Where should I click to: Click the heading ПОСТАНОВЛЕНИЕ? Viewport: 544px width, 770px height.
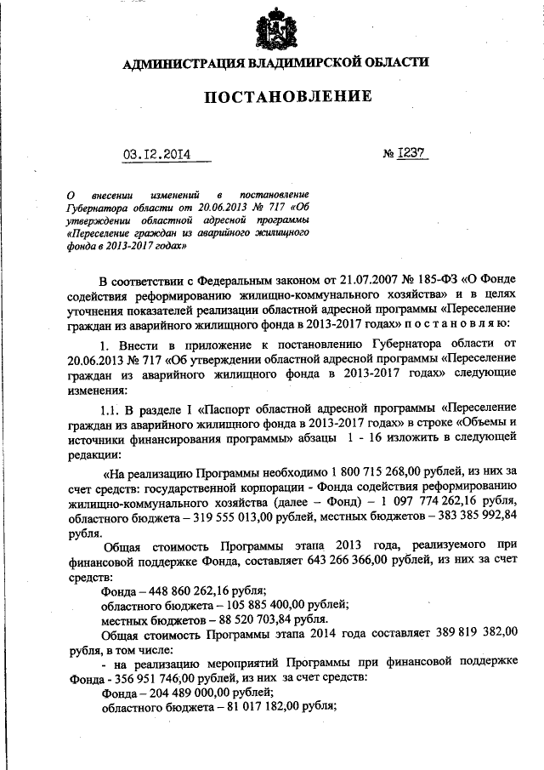(286, 97)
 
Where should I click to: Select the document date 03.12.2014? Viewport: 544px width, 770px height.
(156, 154)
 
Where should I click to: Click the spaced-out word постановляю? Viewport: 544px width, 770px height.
(457, 325)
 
